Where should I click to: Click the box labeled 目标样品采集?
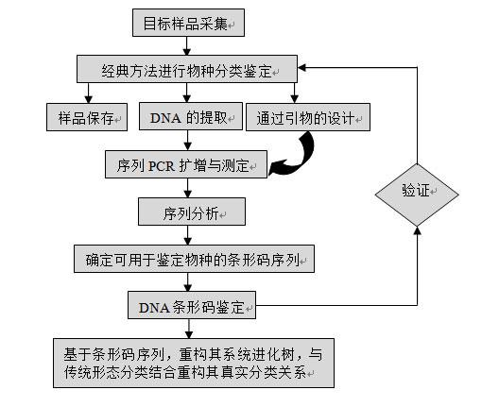[x=188, y=23]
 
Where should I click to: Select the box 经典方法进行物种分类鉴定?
[x=187, y=69]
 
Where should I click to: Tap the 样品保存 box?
[x=87, y=117]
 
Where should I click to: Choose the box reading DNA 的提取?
[x=191, y=116]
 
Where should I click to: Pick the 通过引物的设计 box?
[x=308, y=117]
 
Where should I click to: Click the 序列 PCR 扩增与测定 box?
[x=186, y=164]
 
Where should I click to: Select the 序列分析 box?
[x=192, y=212]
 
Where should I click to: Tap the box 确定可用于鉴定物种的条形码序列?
[x=194, y=259]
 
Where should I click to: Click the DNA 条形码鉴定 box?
[x=192, y=305]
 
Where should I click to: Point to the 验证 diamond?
[x=417, y=195]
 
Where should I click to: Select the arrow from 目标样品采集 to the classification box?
[x=187, y=46]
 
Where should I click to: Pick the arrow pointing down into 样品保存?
[x=88, y=93]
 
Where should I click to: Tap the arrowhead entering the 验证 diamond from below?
[x=417, y=230]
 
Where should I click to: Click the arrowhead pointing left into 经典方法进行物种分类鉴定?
[x=301, y=68]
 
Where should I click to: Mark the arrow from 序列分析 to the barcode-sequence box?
[x=188, y=235]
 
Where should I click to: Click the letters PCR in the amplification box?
[x=161, y=166]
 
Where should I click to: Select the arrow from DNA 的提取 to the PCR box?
[x=188, y=141]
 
